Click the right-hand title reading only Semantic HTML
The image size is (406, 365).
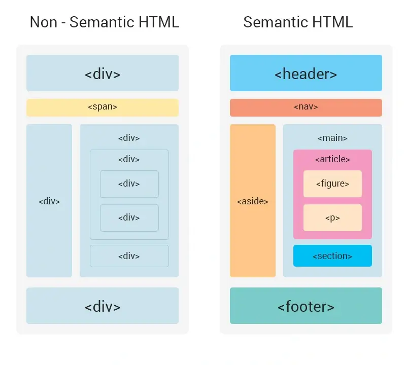(x=298, y=22)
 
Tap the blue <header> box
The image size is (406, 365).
(x=306, y=74)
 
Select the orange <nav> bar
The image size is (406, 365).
(x=306, y=107)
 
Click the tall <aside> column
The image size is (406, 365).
(x=252, y=201)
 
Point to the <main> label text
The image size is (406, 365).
(x=332, y=138)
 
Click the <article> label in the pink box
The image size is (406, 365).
(x=332, y=159)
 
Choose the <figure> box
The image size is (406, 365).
(x=332, y=184)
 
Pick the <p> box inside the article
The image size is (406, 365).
(x=332, y=218)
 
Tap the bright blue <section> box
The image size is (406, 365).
(x=332, y=256)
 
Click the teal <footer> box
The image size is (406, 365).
(x=306, y=306)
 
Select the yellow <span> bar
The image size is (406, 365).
(x=103, y=107)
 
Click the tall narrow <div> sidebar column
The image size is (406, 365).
(x=49, y=201)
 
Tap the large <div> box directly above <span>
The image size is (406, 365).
(x=103, y=74)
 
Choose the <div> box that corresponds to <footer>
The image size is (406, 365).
(x=103, y=306)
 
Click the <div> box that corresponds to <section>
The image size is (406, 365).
(x=129, y=256)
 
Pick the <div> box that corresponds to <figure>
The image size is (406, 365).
(x=129, y=184)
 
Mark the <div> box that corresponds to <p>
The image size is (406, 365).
(x=129, y=218)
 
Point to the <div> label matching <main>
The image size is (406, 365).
(x=129, y=138)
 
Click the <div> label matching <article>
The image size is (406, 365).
(x=129, y=159)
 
